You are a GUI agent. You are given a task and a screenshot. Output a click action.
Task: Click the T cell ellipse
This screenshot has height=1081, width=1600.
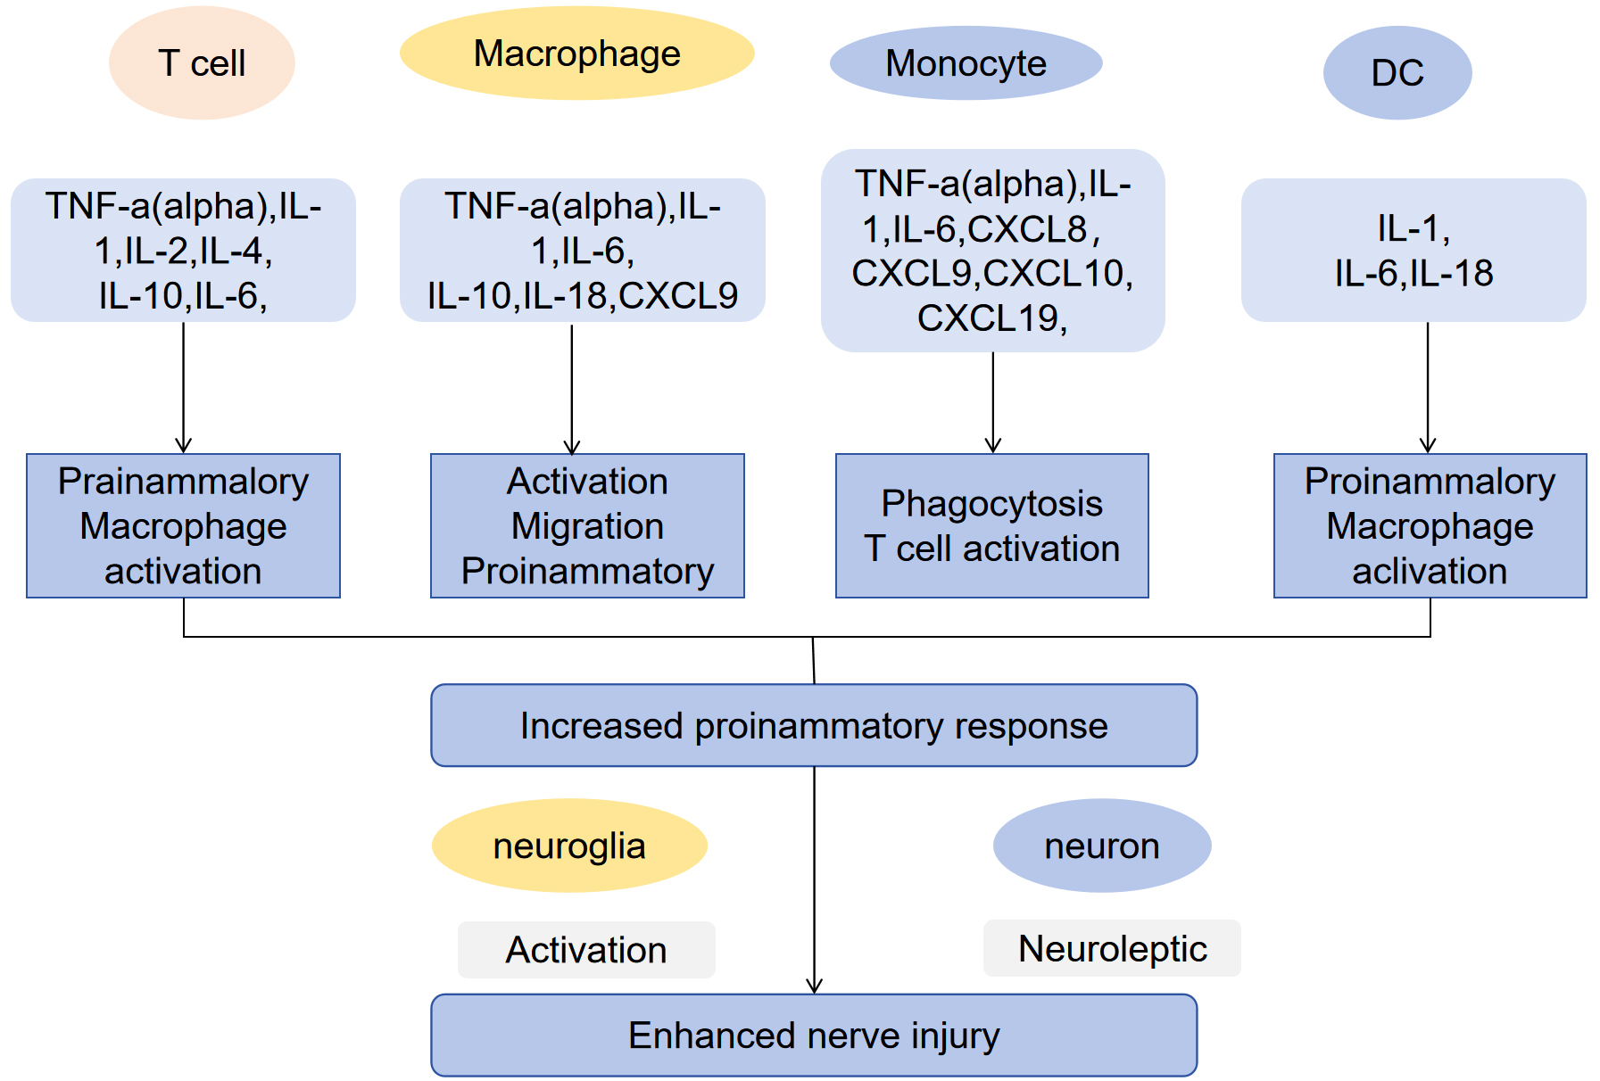click(202, 62)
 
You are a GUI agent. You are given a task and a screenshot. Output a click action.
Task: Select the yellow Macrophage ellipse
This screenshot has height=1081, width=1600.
click(577, 53)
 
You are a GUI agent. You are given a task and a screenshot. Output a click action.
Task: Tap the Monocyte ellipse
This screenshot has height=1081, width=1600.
click(966, 62)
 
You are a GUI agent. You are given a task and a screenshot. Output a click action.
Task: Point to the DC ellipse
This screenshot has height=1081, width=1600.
click(1397, 72)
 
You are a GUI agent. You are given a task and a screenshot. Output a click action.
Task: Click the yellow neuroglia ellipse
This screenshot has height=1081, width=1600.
click(569, 846)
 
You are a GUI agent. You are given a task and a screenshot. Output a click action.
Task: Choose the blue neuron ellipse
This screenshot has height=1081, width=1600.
click(1102, 846)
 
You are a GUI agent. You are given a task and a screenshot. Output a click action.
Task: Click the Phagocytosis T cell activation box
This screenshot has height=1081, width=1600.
click(992, 525)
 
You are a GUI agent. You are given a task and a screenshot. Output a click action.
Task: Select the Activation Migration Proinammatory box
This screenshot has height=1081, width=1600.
click(587, 525)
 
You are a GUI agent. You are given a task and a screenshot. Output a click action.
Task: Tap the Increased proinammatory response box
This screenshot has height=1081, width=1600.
click(814, 725)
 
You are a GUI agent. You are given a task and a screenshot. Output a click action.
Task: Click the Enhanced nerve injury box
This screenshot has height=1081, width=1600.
click(814, 1035)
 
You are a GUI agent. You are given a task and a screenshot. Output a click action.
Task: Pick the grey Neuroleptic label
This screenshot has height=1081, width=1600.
click(1112, 948)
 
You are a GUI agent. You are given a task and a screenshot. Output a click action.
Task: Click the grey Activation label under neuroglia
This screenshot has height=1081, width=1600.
click(586, 950)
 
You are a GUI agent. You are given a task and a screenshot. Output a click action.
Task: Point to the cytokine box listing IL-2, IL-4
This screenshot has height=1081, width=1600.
click(183, 250)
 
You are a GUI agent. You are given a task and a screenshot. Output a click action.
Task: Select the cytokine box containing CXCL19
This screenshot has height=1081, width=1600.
click(992, 251)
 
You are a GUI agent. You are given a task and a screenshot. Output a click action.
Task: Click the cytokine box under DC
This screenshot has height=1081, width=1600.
click(1413, 250)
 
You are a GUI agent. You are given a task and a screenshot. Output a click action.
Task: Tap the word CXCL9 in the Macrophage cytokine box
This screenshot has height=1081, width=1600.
click(678, 296)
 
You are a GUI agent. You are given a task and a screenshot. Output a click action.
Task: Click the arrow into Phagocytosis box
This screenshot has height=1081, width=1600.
click(993, 402)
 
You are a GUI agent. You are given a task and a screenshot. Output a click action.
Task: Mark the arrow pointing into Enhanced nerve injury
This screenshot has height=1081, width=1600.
click(814, 880)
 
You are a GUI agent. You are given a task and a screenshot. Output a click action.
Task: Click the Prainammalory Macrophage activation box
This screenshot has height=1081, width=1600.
click(183, 525)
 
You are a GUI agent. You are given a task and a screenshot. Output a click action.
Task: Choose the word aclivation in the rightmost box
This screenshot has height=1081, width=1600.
click(1430, 571)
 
